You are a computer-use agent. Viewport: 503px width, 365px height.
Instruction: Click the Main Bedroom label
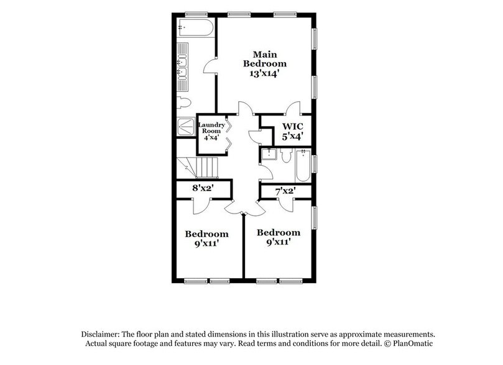(x=264, y=58)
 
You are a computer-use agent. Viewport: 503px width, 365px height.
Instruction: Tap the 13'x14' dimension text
(x=264, y=72)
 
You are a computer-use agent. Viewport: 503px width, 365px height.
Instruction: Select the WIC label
(x=293, y=127)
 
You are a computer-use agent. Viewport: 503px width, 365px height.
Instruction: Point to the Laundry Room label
(x=211, y=128)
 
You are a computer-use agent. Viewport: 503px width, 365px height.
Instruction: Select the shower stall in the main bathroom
(x=185, y=126)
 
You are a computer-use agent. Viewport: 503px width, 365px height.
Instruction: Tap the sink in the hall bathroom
(x=269, y=155)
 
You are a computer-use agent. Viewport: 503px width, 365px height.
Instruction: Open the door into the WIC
(x=292, y=110)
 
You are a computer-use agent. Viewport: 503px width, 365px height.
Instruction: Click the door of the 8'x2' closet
(x=201, y=205)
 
